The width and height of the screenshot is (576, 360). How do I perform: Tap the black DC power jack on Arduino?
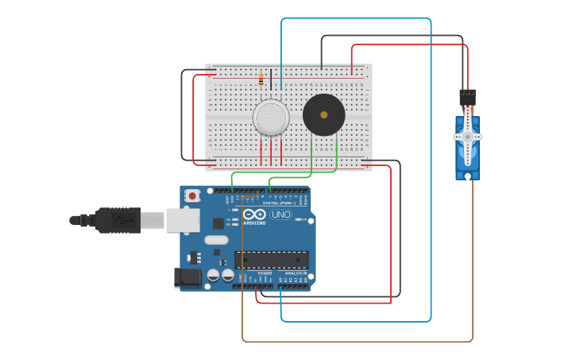tap(187, 277)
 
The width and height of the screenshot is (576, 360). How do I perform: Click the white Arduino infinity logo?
tap(255, 215)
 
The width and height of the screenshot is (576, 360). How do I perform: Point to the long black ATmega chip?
tap(272, 260)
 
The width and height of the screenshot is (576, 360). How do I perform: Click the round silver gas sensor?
tap(271, 118)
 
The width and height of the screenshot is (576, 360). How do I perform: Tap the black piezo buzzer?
tap(323, 115)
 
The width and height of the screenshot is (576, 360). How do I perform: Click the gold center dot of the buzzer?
tap(323, 115)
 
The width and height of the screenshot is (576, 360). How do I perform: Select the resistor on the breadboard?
tap(261, 79)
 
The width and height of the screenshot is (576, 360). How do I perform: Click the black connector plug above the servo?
tap(467, 97)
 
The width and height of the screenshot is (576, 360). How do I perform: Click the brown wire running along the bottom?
tap(358, 342)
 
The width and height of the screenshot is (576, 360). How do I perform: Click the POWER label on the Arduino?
tap(265, 273)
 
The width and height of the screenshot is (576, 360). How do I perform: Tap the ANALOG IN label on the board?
tap(296, 273)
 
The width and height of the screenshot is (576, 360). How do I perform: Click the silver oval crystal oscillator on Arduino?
tap(216, 239)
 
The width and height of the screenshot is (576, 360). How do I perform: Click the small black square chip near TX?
tap(218, 224)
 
